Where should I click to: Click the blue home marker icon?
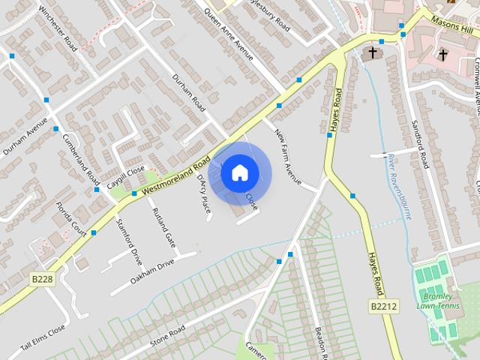239,172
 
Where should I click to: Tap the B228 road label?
42,278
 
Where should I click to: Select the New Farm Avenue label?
287,157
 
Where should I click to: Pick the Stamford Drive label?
129,241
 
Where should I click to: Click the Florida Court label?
70,217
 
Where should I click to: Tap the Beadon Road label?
320,340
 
